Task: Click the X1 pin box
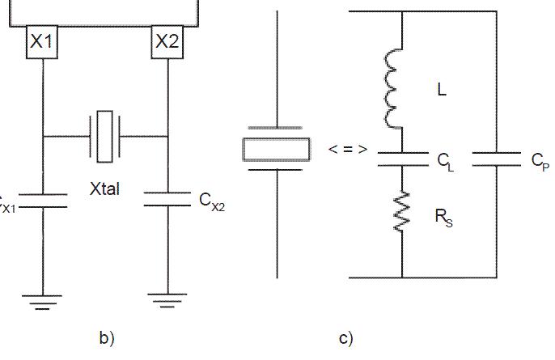pos(41,42)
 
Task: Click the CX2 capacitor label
pos(212,200)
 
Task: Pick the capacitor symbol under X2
pos(167,200)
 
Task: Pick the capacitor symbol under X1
pos(41,200)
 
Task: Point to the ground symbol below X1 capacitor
pos(41,303)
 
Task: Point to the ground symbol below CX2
pos(167,303)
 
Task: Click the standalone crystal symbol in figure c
pos(277,149)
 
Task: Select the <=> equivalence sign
pos(348,149)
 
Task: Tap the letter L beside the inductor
pos(441,91)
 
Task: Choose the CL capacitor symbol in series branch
pos(402,158)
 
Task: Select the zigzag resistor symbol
pos(401,212)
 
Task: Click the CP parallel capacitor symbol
pos(496,158)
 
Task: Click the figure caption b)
pos(107,339)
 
